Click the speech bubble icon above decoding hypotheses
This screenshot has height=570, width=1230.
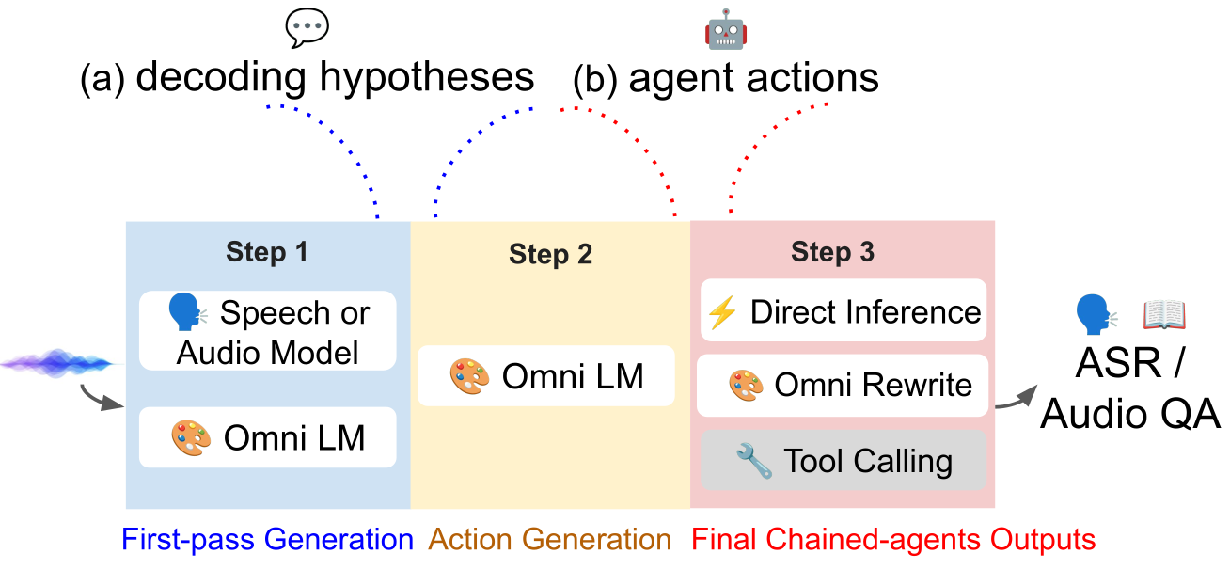pyautogui.click(x=307, y=27)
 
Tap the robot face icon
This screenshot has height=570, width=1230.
pyautogui.click(x=726, y=30)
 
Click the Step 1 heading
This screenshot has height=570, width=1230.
pyautogui.click(x=267, y=252)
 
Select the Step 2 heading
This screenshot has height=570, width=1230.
pyautogui.click(x=550, y=254)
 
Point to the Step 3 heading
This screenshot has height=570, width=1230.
pyautogui.click(x=832, y=252)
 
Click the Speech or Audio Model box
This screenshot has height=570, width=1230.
pyautogui.click(x=268, y=330)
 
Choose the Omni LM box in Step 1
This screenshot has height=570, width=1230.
pyautogui.click(x=268, y=437)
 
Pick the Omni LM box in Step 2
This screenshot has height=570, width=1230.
pyautogui.click(x=545, y=375)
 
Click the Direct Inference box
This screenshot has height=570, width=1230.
pyautogui.click(x=844, y=310)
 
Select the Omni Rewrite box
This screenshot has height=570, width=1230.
pyautogui.click(x=843, y=385)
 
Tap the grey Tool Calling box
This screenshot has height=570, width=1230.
pyautogui.click(x=844, y=460)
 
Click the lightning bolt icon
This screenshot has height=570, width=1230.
pyautogui.click(x=722, y=312)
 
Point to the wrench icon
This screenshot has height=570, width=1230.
pyautogui.click(x=754, y=460)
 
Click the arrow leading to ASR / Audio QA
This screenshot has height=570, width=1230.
pyautogui.click(x=1017, y=398)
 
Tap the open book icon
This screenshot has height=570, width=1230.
pyautogui.click(x=1164, y=314)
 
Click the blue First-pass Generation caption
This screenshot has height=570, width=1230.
pyautogui.click(x=267, y=539)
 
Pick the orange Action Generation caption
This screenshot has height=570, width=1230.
pyautogui.click(x=550, y=539)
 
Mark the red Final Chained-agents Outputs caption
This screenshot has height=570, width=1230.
pyautogui.click(x=893, y=539)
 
